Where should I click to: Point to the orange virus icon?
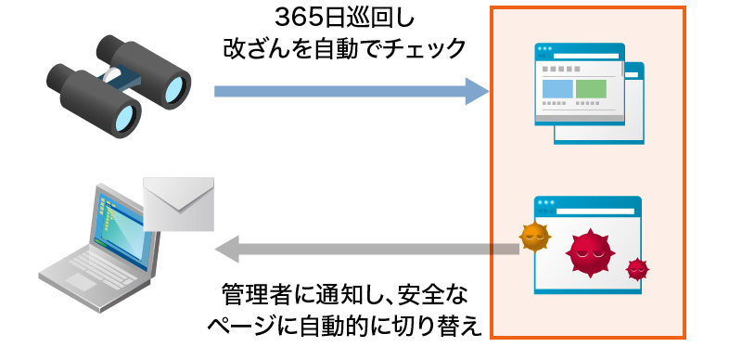click(x=533, y=238)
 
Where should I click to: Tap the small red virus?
click(x=636, y=269)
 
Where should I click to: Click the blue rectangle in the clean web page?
click(x=556, y=89)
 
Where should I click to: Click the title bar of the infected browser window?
click(x=588, y=202)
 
